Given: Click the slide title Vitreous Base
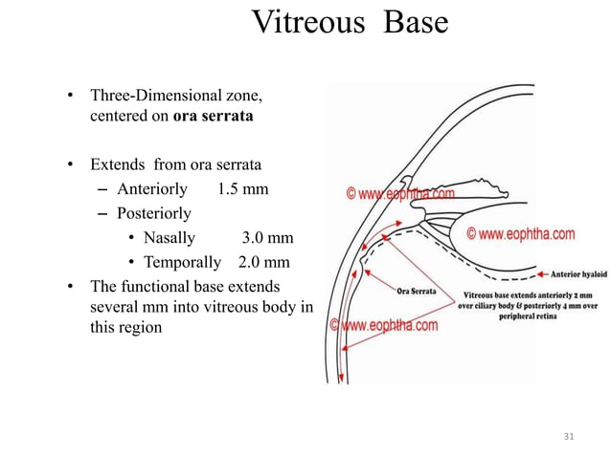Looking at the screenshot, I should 349,22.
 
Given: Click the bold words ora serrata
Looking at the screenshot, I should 214,119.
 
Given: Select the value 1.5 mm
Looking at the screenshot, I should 243,188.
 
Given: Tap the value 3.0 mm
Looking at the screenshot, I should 267,238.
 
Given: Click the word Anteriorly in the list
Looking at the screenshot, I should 151,188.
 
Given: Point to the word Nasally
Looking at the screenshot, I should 169,238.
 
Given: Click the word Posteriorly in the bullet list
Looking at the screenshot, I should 153,213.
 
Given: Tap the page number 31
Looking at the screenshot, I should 569,437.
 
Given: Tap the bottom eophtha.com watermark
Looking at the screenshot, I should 384,325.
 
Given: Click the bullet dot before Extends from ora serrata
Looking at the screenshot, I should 70,163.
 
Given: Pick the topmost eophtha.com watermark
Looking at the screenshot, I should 400,194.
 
